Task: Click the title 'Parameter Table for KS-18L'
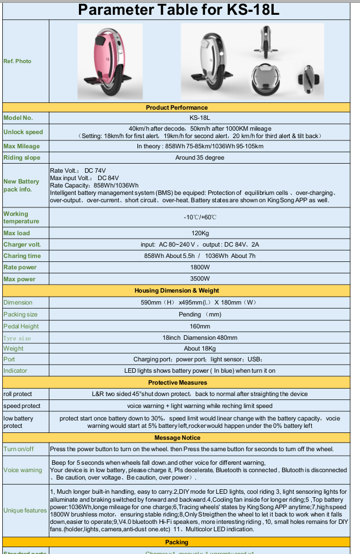pyautogui.click(x=179, y=10)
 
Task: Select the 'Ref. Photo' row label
pyautogui.click(x=18, y=61)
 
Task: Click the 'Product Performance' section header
pyautogui.click(x=177, y=107)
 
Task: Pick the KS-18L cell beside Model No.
pyautogui.click(x=200, y=118)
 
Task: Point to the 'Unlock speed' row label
pyautogui.click(x=23, y=132)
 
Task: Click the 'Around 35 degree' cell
pyautogui.click(x=200, y=157)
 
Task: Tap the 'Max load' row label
pyautogui.click(x=16, y=233)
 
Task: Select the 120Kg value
pyautogui.click(x=200, y=233)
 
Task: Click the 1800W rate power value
pyautogui.click(x=200, y=267)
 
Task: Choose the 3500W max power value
pyautogui.click(x=200, y=279)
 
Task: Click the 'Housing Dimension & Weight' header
pyautogui.click(x=177, y=290)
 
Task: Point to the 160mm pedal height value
pyautogui.click(x=200, y=326)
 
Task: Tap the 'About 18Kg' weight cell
pyautogui.click(x=200, y=348)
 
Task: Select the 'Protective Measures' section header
pyautogui.click(x=177, y=382)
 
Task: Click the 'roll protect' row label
pyautogui.click(x=18, y=394)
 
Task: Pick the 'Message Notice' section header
pyautogui.click(x=177, y=438)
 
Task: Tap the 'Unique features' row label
pyautogui.click(x=25, y=510)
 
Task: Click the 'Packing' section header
pyautogui.click(x=177, y=542)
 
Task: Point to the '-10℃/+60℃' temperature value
pyautogui.click(x=200, y=218)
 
